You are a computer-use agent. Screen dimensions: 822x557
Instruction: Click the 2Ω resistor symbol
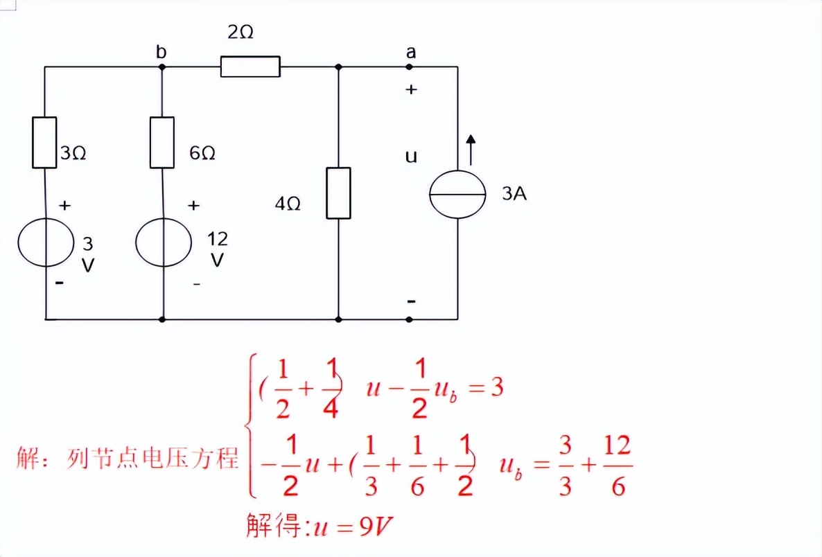pos(250,67)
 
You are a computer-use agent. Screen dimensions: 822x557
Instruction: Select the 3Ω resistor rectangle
pos(44,143)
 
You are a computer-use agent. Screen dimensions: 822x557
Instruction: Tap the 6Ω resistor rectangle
pos(161,143)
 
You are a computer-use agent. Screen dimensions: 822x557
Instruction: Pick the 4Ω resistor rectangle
pos(338,193)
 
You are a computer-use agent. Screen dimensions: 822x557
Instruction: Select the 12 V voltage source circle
pos(163,242)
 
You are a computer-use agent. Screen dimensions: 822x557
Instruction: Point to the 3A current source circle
pos(457,193)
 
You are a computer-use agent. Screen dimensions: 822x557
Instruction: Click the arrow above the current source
pos(471,149)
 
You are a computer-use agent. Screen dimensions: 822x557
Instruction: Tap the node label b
pos(161,52)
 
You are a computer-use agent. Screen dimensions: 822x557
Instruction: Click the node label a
pos(411,51)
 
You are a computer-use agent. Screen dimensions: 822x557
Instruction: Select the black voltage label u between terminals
pos(411,157)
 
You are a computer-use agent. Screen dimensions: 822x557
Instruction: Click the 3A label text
pos(514,194)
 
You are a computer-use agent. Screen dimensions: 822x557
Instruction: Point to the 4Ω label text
pos(288,204)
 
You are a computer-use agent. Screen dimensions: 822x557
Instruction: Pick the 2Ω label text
pos(240,33)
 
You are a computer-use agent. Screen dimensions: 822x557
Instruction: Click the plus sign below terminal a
pos(411,89)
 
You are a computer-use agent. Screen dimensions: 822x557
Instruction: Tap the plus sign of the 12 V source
pos(194,205)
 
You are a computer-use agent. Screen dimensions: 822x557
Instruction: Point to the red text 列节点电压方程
pos(153,458)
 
